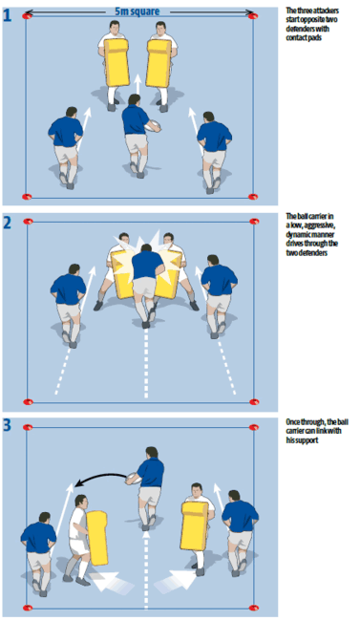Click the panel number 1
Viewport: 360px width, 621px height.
[x=9, y=15]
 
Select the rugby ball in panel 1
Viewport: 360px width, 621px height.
[x=152, y=125]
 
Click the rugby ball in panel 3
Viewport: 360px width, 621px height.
[x=134, y=472]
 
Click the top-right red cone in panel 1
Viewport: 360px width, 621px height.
[x=253, y=17]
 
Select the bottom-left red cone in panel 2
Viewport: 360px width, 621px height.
[x=27, y=398]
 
